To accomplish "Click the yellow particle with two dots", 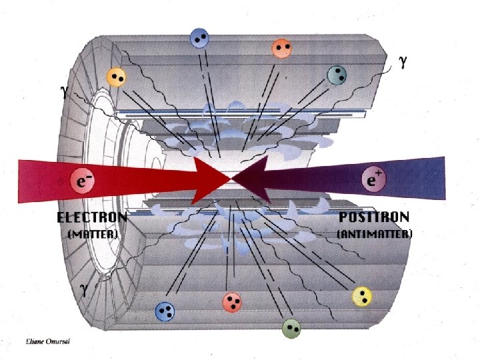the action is click(x=117, y=77).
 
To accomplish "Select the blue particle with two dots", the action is click(x=199, y=38).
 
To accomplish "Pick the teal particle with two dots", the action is click(x=338, y=75).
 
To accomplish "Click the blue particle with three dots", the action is click(x=163, y=311).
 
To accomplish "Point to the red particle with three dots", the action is click(x=233, y=303).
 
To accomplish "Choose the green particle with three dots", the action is click(x=291, y=327).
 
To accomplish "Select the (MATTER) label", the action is click(x=93, y=234).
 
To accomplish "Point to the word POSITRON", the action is click(x=375, y=217).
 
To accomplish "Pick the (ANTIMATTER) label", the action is click(x=375, y=234).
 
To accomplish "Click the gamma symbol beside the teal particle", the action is click(x=403, y=61).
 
